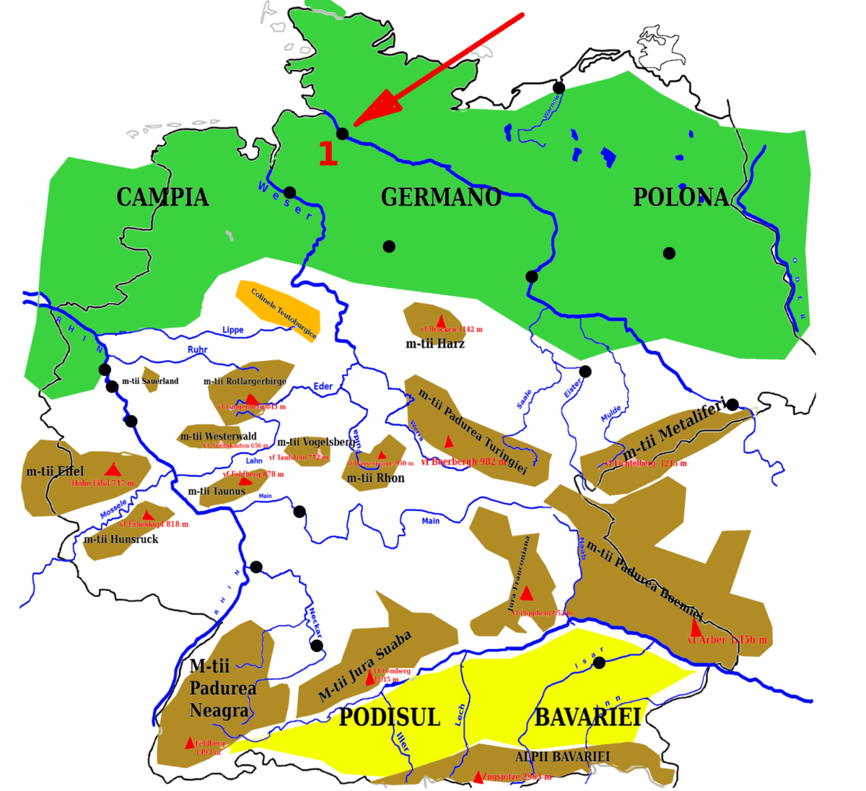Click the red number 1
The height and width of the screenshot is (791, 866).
click(328, 153)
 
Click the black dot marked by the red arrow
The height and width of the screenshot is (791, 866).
click(343, 134)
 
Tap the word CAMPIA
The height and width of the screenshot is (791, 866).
click(162, 197)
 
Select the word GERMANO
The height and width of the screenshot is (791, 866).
click(441, 197)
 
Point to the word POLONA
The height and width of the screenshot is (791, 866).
click(681, 197)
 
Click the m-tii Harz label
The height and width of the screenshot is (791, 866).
click(435, 344)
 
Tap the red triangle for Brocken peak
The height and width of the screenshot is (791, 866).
click(441, 320)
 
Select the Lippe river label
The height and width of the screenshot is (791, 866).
click(233, 330)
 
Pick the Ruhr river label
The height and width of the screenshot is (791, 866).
click(197, 350)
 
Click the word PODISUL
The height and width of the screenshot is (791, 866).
click(390, 717)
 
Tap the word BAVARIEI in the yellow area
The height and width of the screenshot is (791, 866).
click(587, 717)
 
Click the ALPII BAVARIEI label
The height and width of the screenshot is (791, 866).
click(562, 757)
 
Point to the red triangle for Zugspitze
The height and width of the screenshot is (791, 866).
click(478, 777)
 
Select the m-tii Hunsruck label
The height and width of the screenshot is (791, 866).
click(121, 539)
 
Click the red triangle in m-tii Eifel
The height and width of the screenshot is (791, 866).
click(111, 470)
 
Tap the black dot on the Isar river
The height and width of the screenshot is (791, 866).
click(599, 663)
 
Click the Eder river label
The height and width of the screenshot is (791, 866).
click(323, 386)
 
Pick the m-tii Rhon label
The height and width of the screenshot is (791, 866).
click(376, 478)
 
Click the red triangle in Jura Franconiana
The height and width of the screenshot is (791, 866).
click(527, 593)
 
